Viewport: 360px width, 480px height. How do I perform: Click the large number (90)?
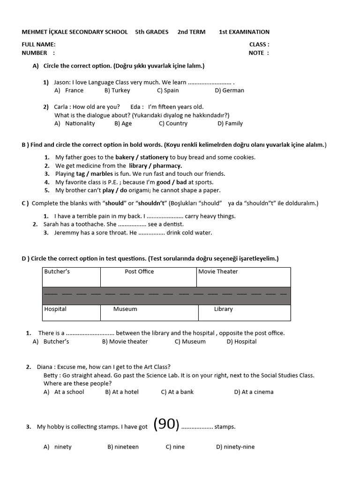tap(166, 424)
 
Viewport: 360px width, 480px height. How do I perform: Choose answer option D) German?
tap(229, 90)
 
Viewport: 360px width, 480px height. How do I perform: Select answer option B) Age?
tap(123, 124)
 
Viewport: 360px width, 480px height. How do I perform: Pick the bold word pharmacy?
tap(167, 165)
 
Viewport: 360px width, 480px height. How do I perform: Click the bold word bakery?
tap(125, 157)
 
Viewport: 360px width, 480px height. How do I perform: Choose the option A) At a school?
tap(64, 392)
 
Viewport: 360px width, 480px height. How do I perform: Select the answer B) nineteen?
tap(123, 447)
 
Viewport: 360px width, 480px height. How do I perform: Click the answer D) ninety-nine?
tap(235, 447)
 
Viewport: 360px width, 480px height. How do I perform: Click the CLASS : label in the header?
tap(259, 45)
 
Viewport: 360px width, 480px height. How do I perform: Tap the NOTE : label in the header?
tap(259, 53)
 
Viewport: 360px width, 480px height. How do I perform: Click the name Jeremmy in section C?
tap(67, 233)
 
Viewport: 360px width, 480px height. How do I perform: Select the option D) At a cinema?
tap(254, 392)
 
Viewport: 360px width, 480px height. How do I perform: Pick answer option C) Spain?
tap(168, 90)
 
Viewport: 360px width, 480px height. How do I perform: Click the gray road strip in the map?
tap(166, 296)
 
